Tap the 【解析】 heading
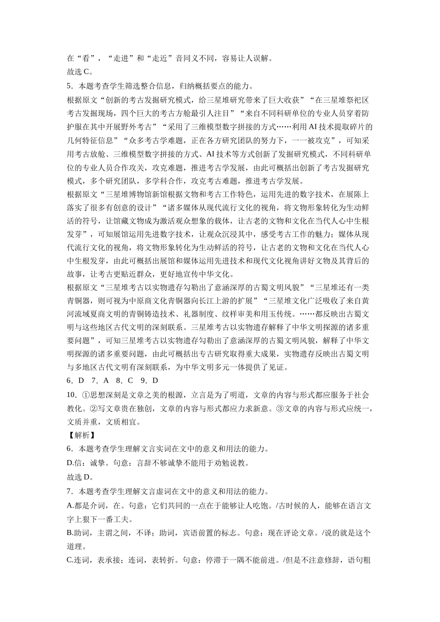(82, 435)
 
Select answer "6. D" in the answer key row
(75, 381)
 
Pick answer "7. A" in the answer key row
(100, 381)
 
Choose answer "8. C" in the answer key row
(125, 381)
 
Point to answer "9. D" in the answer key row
(149, 381)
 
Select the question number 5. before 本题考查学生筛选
(70, 86)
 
